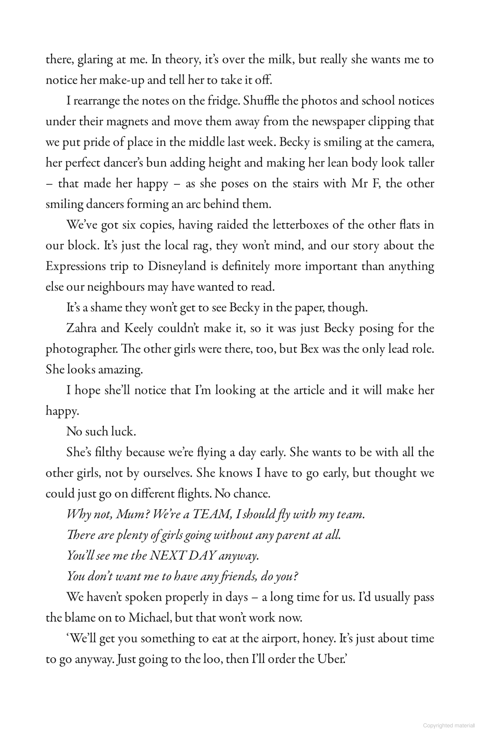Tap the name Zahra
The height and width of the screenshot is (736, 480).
coord(82,328)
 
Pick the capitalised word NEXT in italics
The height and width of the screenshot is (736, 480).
coord(167,556)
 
